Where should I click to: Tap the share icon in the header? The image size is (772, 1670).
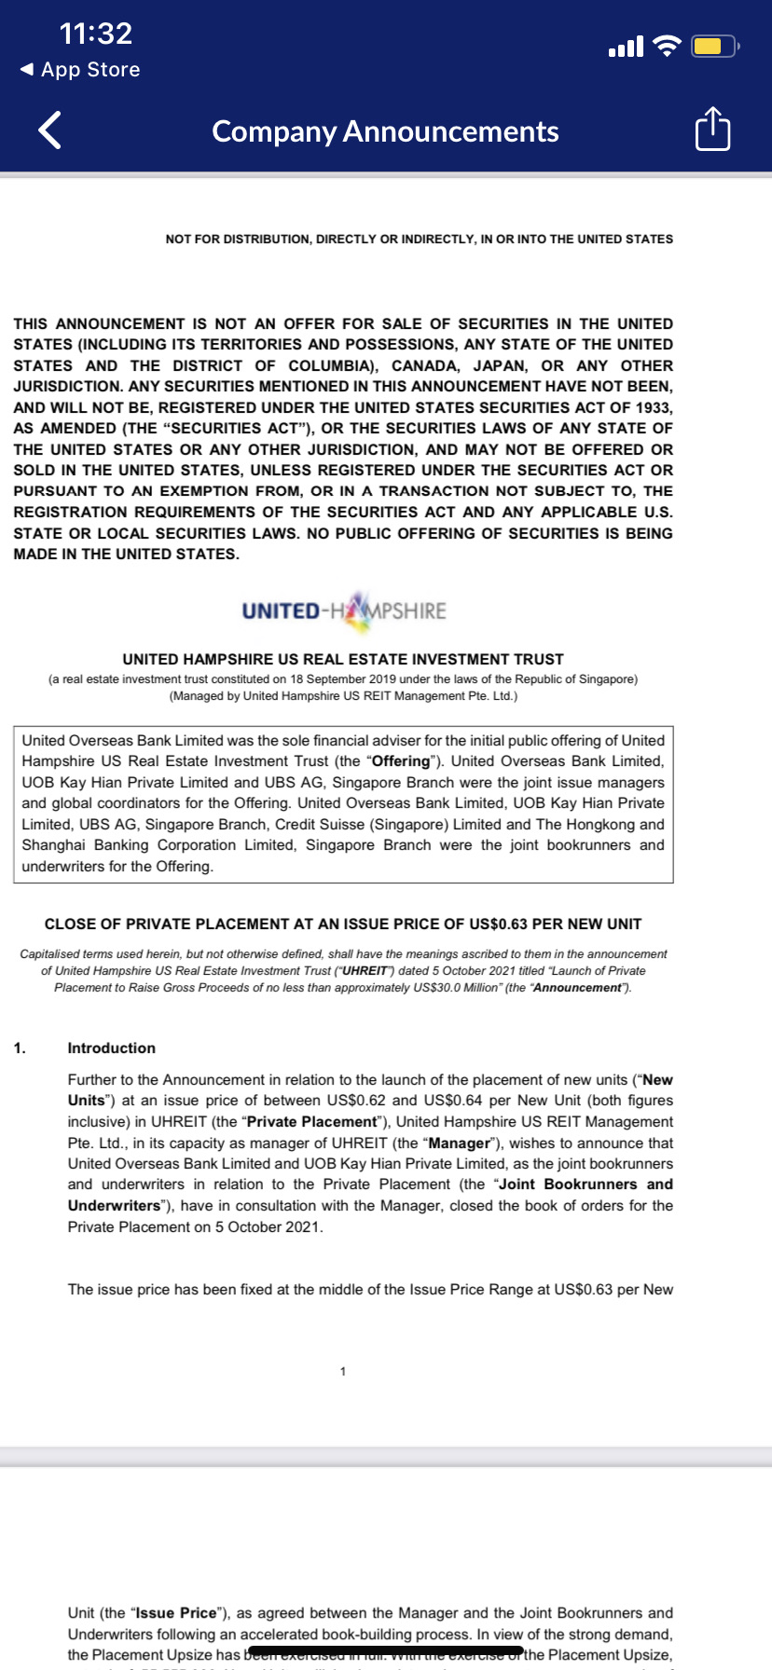click(x=712, y=130)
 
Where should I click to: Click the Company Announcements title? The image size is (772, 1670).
click(x=385, y=131)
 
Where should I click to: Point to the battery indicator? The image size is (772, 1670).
click(x=713, y=46)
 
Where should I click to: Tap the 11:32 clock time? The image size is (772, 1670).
click(x=96, y=34)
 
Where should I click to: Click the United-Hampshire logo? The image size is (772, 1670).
click(x=344, y=609)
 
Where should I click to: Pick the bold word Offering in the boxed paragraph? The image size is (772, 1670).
click(x=401, y=761)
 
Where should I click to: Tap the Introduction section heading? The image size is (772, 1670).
click(x=111, y=1047)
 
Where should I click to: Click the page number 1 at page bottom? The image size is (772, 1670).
click(x=343, y=1371)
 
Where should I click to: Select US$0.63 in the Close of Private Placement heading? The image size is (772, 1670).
click(x=498, y=924)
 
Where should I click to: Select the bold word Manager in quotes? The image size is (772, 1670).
click(x=458, y=1143)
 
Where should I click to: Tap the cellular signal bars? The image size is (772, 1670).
click(x=625, y=46)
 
